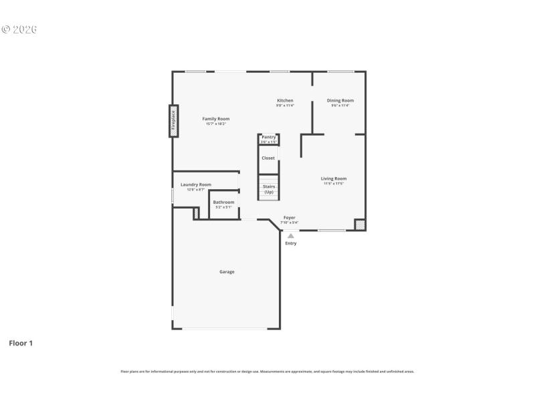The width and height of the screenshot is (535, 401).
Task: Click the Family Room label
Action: point(215,119)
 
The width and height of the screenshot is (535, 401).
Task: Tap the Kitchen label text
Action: point(285,101)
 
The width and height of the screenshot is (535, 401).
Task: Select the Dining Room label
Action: point(340,101)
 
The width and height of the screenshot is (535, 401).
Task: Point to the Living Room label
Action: point(333,178)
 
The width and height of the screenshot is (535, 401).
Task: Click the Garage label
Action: point(227,272)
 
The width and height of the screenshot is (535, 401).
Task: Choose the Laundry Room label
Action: point(196,184)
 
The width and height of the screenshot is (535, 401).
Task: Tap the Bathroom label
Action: point(223,202)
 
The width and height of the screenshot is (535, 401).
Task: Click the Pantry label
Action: point(268,137)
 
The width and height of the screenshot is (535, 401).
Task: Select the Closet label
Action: point(268,158)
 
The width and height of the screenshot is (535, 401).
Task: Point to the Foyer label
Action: point(289,218)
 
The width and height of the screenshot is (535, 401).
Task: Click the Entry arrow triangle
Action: point(290,235)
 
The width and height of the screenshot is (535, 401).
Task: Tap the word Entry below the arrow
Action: point(290,243)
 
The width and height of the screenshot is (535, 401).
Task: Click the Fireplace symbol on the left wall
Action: point(173,121)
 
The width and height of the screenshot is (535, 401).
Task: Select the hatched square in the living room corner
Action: point(360,225)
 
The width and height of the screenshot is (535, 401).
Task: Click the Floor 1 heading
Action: point(21,344)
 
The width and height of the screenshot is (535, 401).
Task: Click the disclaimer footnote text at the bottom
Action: point(267,372)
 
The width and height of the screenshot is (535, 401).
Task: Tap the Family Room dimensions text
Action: point(215,124)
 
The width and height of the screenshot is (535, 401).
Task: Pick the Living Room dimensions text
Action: point(333,183)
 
